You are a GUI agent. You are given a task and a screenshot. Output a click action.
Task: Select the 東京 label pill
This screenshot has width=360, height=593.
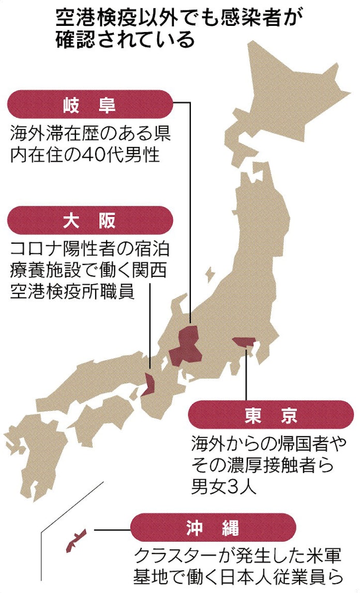pyautogui.click(x=271, y=416)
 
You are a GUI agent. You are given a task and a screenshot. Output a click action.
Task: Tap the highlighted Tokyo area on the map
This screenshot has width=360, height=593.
pyautogui.click(x=243, y=342)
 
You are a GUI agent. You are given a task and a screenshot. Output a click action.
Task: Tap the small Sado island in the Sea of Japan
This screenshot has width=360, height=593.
pyautogui.click(x=209, y=273)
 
